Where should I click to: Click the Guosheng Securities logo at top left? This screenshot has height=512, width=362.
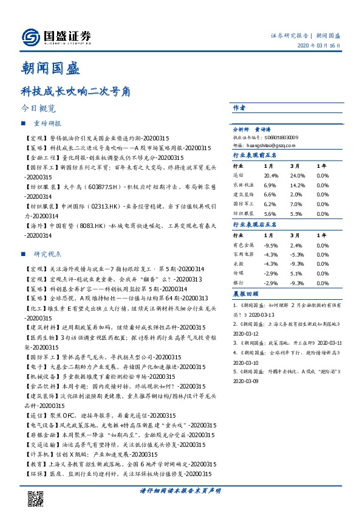(56, 37)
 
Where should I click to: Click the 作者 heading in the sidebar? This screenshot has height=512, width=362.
(239, 107)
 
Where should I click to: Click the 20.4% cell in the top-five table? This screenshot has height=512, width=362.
(271, 175)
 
